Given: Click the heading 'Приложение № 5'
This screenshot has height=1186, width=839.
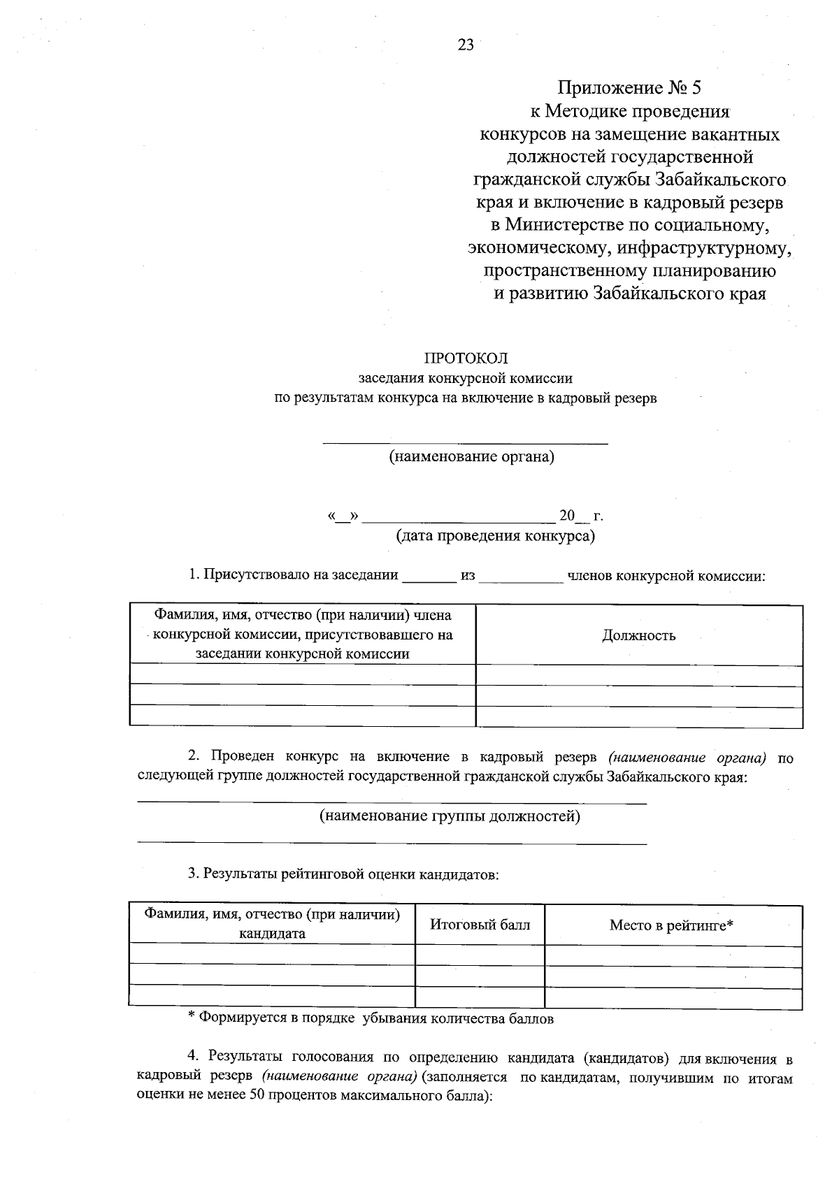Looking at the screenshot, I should (x=628, y=88).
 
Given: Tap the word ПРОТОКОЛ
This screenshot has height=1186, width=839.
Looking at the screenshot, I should (x=466, y=359).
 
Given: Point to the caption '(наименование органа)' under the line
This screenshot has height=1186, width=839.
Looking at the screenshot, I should (x=471, y=457).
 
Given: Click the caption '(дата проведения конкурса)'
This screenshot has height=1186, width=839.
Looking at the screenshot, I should (x=496, y=536).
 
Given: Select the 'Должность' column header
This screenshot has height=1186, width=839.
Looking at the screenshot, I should (x=638, y=635).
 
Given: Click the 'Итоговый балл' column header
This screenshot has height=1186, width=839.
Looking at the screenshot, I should (x=480, y=925).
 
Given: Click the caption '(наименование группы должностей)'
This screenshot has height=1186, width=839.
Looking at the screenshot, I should (x=450, y=816).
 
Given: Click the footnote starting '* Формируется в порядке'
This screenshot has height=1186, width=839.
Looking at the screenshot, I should (x=371, y=1018).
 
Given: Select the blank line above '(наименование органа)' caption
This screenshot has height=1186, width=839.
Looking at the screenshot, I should (x=465, y=440).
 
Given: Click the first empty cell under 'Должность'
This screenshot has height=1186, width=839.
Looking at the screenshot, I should (x=638, y=675).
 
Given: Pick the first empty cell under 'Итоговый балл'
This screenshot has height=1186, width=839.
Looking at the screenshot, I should (x=480, y=955).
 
